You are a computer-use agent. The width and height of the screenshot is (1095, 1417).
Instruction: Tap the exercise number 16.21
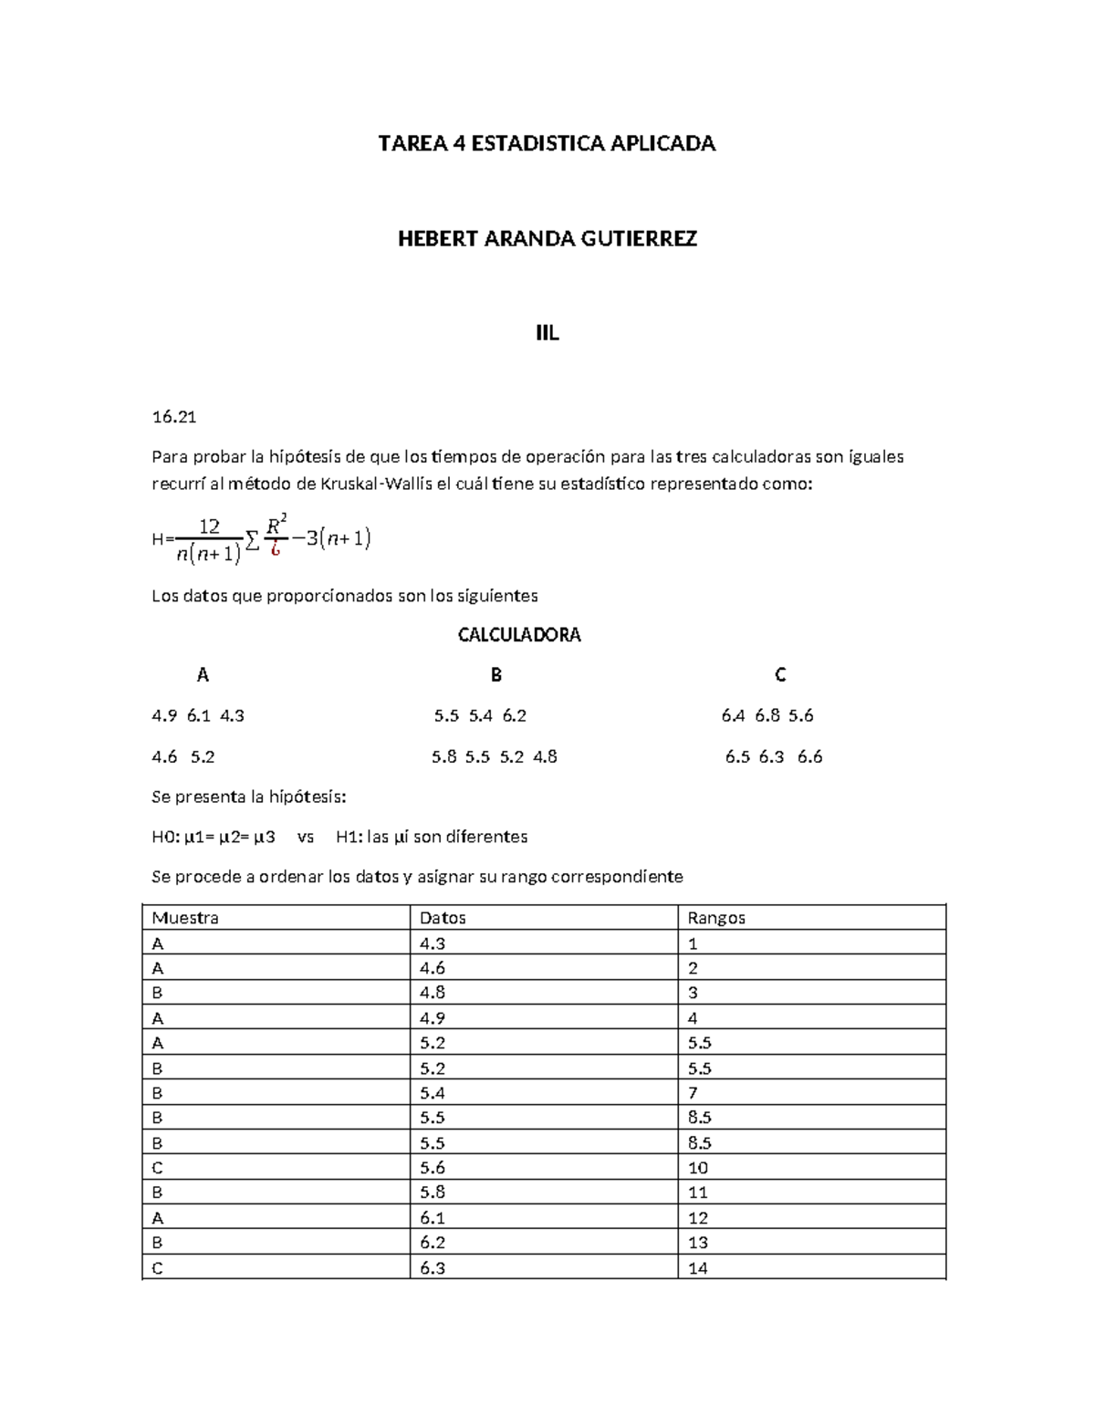tap(173, 417)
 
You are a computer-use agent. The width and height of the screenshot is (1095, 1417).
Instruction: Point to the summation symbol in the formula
tap(252, 541)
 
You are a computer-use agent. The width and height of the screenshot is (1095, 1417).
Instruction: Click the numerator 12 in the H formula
tap(209, 526)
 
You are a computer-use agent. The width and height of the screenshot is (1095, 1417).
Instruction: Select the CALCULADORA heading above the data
tap(519, 635)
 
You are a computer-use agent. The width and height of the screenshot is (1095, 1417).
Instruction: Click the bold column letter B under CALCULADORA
tap(496, 675)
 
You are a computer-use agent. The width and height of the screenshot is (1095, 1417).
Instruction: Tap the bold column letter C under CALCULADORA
tap(780, 675)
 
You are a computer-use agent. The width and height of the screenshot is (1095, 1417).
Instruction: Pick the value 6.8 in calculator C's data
tap(767, 716)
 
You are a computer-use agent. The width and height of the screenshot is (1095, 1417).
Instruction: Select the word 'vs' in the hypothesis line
tap(306, 837)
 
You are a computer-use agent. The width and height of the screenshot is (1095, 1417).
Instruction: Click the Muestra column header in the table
tap(185, 918)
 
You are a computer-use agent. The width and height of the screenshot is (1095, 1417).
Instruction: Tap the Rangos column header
tap(716, 918)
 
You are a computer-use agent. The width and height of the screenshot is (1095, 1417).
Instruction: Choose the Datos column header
tap(443, 918)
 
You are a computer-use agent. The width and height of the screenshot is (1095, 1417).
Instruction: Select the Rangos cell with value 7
tap(693, 1093)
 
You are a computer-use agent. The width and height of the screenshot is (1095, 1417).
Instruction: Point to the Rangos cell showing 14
tap(698, 1267)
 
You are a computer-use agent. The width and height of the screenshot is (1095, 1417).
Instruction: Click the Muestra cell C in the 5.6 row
tap(158, 1168)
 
